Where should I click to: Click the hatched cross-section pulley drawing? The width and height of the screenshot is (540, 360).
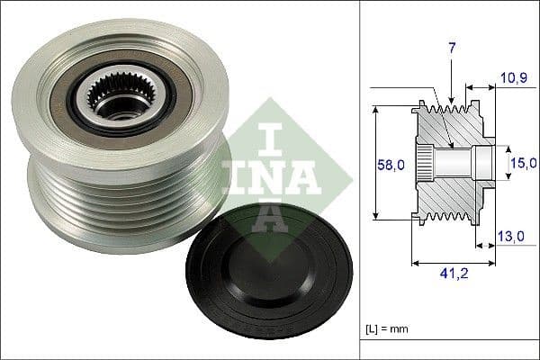pos(450,162)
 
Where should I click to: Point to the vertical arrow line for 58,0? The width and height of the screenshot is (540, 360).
pos(374,162)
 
